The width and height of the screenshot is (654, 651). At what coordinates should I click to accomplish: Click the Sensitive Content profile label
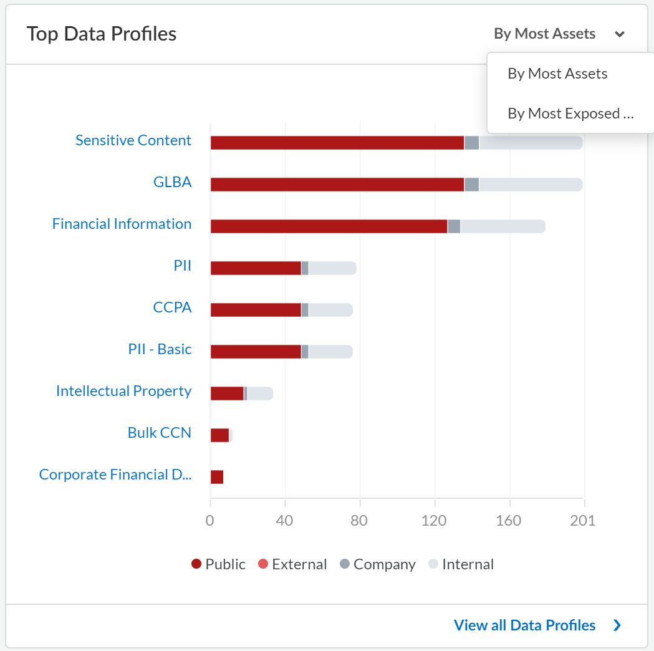(133, 140)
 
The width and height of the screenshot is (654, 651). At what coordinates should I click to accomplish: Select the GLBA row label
(172, 182)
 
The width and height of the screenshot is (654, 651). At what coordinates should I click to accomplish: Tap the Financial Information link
(122, 224)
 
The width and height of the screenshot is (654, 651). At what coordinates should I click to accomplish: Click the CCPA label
(172, 307)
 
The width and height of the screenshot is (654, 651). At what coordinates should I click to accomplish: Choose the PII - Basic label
(160, 349)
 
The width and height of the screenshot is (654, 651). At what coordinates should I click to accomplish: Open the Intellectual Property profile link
(123, 391)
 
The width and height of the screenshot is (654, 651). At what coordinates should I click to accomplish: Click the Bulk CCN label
(159, 433)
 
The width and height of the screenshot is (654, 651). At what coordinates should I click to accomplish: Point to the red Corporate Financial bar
(216, 477)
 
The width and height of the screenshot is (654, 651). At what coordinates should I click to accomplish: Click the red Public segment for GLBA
(337, 185)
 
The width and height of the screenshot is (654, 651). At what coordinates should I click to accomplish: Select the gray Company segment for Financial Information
(454, 226)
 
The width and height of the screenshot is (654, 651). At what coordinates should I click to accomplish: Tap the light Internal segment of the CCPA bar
(330, 310)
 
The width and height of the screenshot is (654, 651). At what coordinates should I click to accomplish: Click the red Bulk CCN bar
(219, 435)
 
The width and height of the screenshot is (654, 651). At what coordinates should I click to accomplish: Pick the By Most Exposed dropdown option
(570, 113)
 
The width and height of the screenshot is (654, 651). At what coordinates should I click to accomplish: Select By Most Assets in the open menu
(557, 74)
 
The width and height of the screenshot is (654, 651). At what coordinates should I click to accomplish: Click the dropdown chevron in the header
(619, 34)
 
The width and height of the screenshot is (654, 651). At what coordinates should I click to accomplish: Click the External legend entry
(292, 564)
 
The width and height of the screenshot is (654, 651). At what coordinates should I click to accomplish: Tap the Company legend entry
(377, 564)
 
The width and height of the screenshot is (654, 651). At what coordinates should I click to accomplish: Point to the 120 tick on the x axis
(434, 521)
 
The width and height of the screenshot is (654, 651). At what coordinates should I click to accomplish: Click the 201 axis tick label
(583, 521)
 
